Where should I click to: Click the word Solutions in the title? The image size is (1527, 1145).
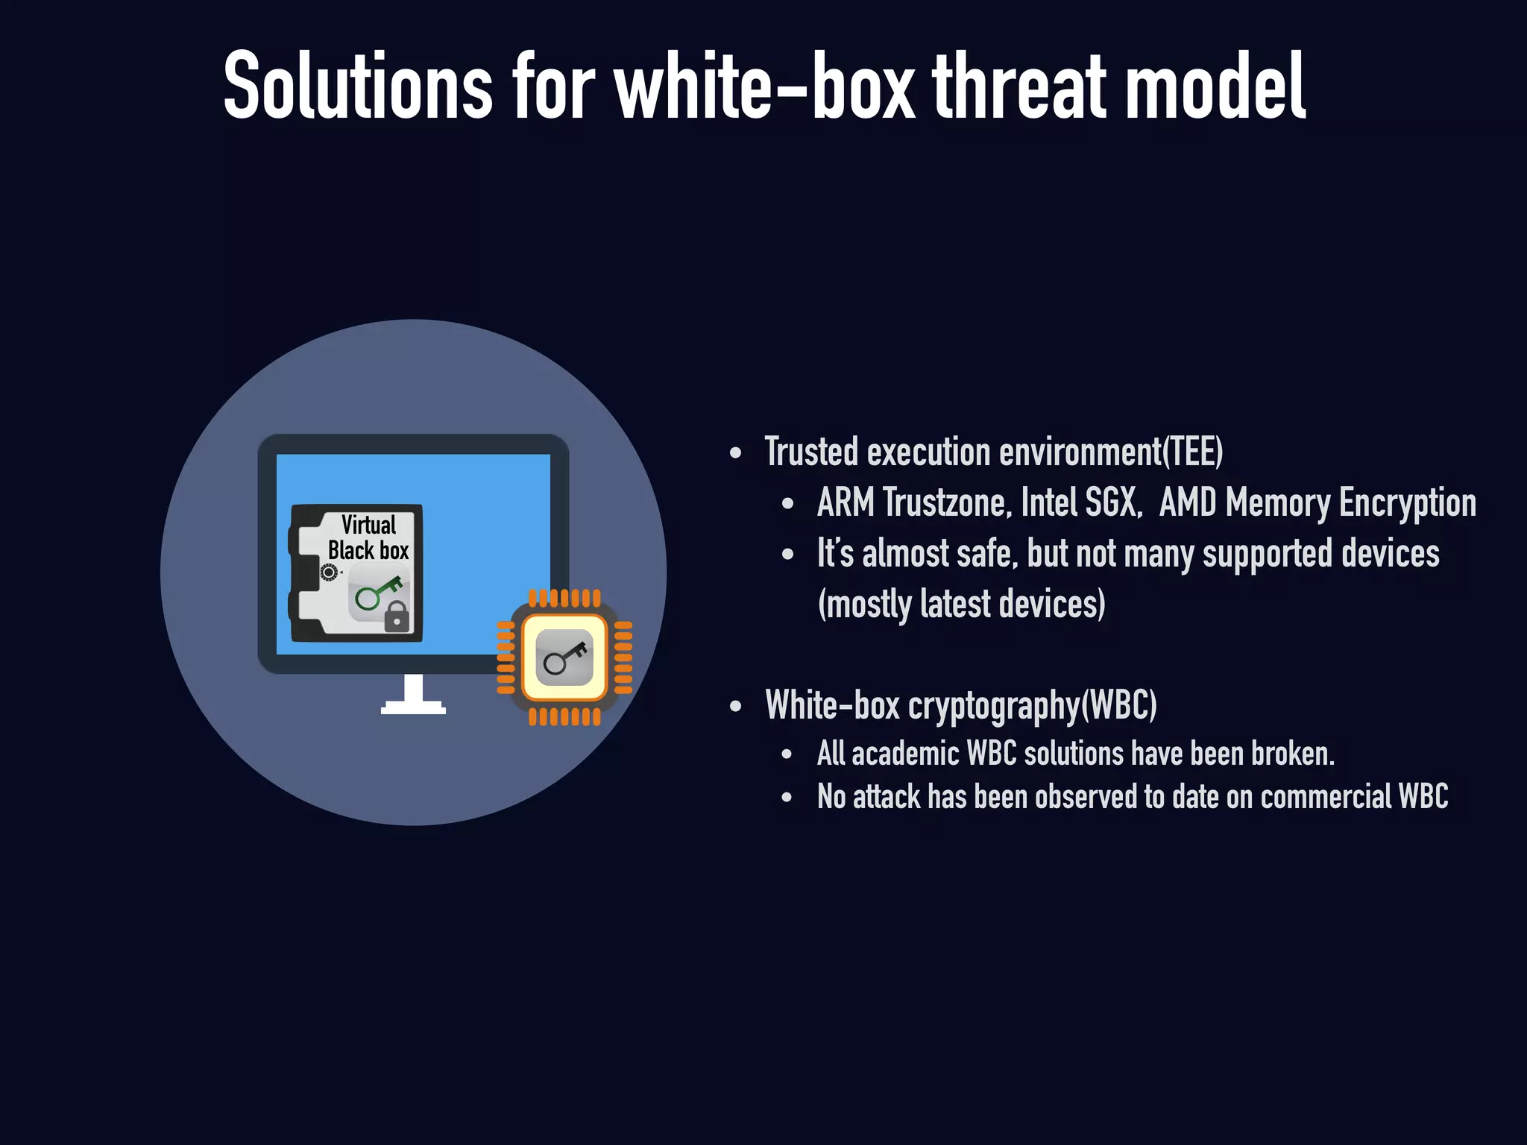point(358,86)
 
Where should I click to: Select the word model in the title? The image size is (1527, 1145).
point(1215,86)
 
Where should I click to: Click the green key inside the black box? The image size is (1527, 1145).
point(377,593)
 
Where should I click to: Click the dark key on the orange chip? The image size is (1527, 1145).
point(564,657)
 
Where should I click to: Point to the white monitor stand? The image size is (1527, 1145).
point(413,696)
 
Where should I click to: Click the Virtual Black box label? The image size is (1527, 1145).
point(368,537)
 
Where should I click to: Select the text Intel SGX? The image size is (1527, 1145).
point(1080,502)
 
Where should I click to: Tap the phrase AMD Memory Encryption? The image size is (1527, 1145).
point(1317,502)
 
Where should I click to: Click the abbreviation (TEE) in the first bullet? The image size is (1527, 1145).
point(1193,452)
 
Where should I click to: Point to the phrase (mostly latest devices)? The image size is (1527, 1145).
point(961,604)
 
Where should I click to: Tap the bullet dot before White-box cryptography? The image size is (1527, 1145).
point(736,706)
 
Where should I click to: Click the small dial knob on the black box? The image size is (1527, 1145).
point(328,572)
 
